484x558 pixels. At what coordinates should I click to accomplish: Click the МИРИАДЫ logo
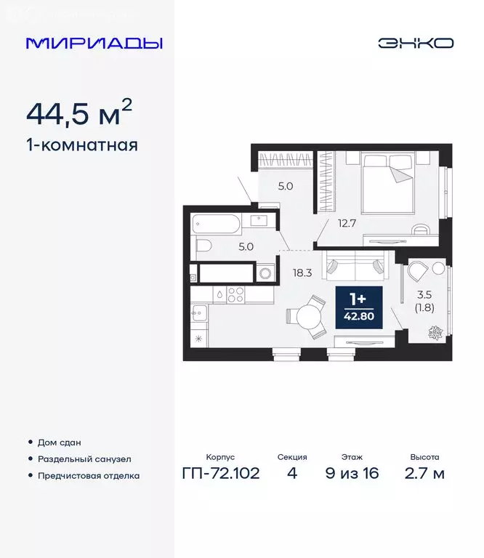pyautogui.click(x=94, y=43)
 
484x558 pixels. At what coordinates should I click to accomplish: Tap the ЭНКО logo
pyautogui.click(x=415, y=43)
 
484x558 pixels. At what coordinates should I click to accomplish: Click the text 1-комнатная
pyautogui.click(x=81, y=145)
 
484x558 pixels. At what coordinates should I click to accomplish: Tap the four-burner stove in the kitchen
pyautogui.click(x=236, y=294)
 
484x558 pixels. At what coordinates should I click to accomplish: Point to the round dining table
pyautogui.click(x=308, y=317)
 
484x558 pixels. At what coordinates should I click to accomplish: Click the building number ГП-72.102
pyautogui.click(x=220, y=474)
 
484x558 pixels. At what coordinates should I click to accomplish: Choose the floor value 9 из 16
pyautogui.click(x=353, y=474)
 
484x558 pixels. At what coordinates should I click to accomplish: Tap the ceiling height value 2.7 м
pyautogui.click(x=424, y=474)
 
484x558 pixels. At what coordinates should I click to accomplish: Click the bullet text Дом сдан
pyautogui.click(x=59, y=442)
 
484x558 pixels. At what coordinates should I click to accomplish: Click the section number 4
pyautogui.click(x=291, y=474)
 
